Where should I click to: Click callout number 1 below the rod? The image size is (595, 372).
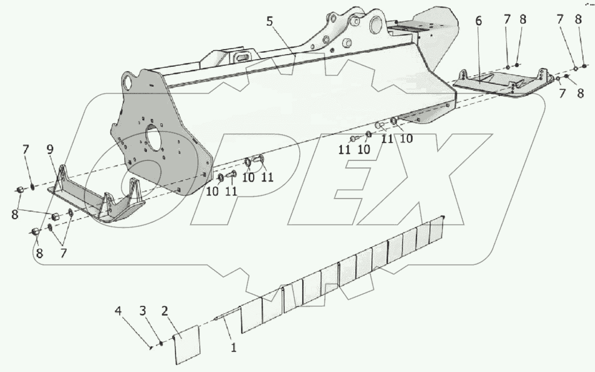click(233, 345)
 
